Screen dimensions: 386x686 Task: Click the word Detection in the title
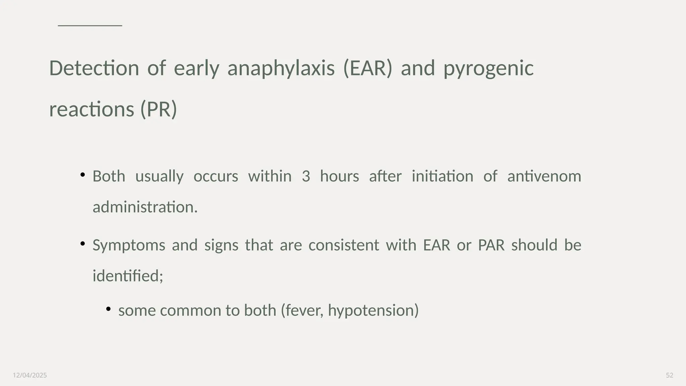94,68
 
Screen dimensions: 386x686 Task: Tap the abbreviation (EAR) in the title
367,68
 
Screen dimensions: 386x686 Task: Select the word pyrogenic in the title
488,68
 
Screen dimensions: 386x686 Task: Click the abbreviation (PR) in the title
158,109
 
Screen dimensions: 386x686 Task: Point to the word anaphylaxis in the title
281,68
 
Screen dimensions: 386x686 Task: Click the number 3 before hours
305,176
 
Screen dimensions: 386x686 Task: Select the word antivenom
544,176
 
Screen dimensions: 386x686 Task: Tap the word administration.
145,207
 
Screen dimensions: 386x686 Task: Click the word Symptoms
129,245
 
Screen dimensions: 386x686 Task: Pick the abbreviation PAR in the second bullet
491,245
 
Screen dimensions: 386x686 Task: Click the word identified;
128,276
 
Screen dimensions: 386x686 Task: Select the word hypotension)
373,310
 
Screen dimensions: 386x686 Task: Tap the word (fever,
302,310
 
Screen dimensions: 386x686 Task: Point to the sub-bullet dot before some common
108,309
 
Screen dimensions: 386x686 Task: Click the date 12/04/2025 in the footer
30,375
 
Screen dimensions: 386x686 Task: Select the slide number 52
669,375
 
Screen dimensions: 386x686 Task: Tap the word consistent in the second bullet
343,245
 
